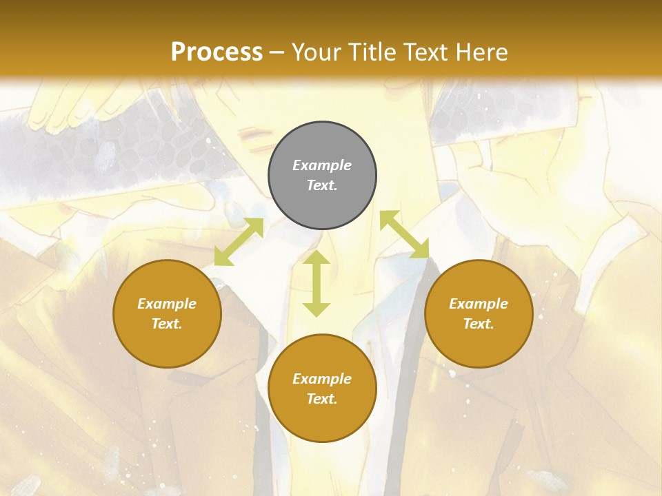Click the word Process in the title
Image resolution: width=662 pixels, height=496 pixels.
[x=217, y=52]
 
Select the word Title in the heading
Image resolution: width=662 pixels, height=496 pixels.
[x=373, y=52]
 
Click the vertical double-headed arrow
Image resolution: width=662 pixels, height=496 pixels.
[x=317, y=283]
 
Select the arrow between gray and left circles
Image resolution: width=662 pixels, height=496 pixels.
[x=239, y=242]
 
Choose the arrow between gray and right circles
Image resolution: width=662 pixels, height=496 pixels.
[x=404, y=234]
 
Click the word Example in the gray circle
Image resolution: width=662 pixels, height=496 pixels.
[x=322, y=165]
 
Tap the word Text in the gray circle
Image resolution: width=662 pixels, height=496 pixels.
[x=322, y=185]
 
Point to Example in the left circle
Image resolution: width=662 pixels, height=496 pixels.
[x=167, y=304]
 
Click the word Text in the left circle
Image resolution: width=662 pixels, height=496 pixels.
[x=167, y=324]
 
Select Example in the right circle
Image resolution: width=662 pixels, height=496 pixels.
[x=479, y=304]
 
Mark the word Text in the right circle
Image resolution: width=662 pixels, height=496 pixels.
[x=479, y=324]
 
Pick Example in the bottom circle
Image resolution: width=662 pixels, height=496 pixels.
[x=322, y=379]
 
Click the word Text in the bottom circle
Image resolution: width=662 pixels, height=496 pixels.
[x=322, y=399]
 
